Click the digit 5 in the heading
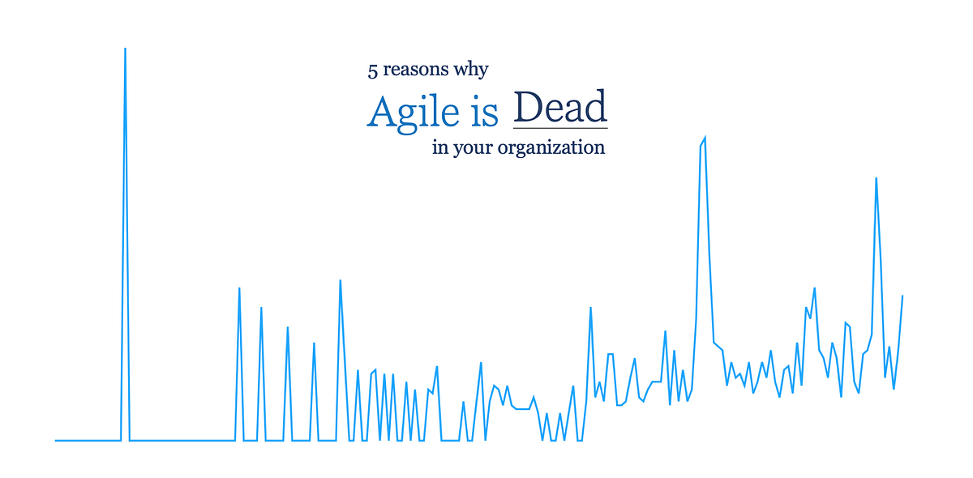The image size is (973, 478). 373,71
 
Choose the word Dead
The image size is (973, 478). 560,108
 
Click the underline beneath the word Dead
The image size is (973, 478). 560,128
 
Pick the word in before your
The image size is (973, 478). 439,148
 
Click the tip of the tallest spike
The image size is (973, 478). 125,49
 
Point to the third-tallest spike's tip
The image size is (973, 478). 876,178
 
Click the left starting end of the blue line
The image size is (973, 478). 56,440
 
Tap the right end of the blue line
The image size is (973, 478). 902,296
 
